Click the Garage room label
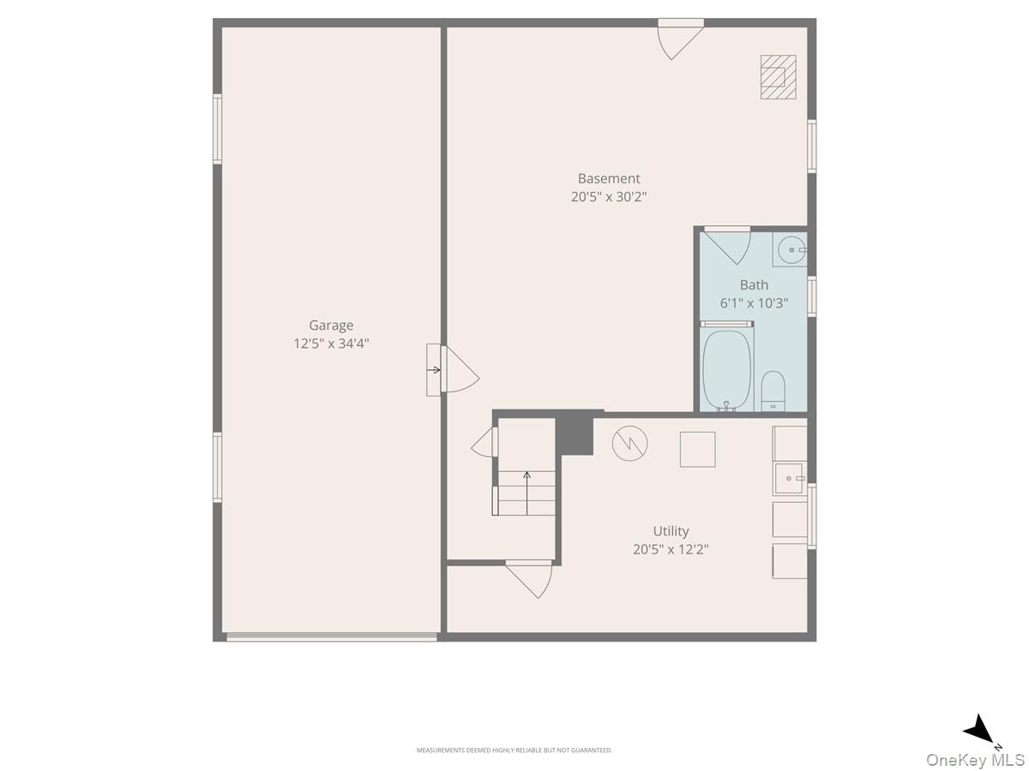(331, 325)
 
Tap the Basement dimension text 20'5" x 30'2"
(609, 197)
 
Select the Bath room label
(754, 284)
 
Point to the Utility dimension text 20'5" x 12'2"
(671, 549)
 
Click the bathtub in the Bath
(726, 370)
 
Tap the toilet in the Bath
(773, 391)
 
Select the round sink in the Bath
(791, 249)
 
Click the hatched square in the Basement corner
(779, 77)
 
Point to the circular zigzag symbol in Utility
(629, 443)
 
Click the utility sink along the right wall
(790, 478)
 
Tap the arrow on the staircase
(527, 493)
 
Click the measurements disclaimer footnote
(514, 750)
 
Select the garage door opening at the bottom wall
(332, 637)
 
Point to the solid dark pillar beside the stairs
(575, 435)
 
